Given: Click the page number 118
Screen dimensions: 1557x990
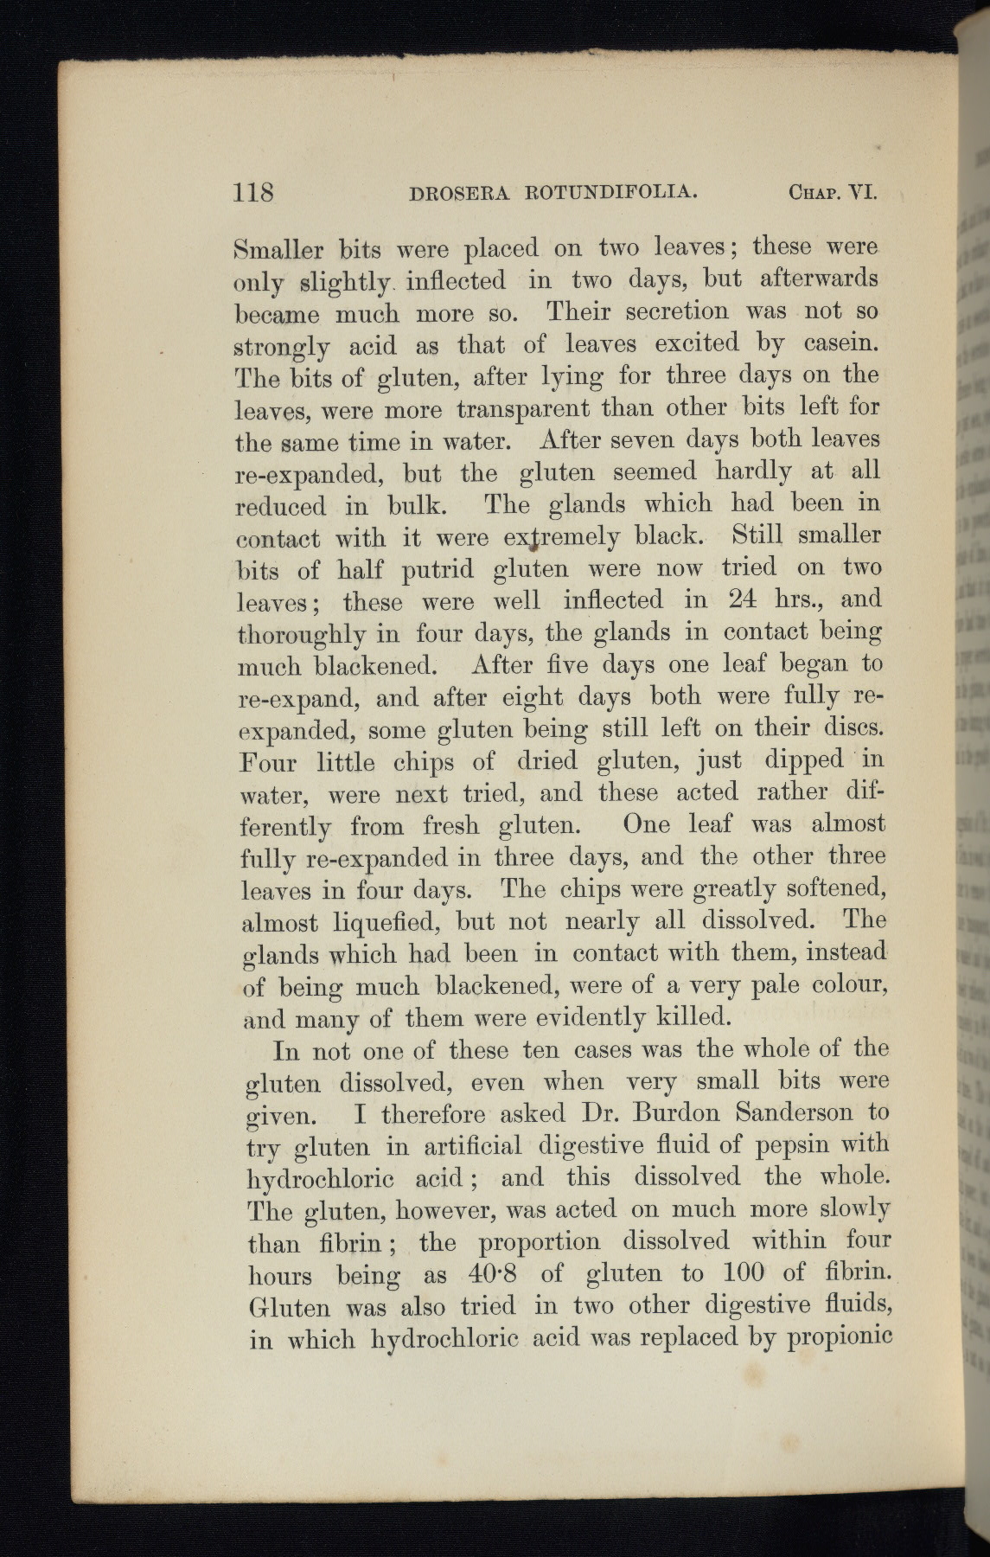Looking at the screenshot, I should point(253,190).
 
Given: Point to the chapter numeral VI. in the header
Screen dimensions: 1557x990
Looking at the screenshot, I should point(862,191).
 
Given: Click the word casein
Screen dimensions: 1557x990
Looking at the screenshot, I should point(838,344).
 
